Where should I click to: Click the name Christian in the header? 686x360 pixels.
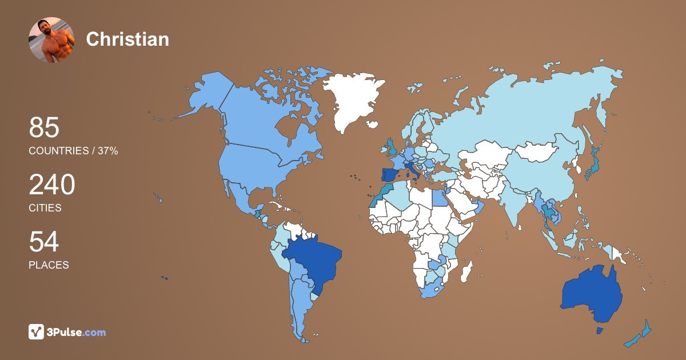coord(127,39)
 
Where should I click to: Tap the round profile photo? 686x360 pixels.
coord(51,39)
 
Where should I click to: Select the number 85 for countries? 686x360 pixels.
coord(44,128)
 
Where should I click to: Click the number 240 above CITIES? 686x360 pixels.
coord(52,185)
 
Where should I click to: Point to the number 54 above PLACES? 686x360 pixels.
coord(44,242)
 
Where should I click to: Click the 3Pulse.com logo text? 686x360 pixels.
coord(77,332)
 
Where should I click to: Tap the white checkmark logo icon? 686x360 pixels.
coord(37,332)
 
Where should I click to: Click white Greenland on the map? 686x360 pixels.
coord(352,100)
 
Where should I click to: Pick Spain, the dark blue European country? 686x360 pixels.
coord(390,175)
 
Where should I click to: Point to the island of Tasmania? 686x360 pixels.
coord(599,331)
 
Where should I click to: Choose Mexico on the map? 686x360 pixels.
coord(240,197)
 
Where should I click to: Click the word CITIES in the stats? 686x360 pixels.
coord(45,208)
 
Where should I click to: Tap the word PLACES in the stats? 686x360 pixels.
coord(49,265)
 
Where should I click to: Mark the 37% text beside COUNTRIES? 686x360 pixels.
coord(107,151)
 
